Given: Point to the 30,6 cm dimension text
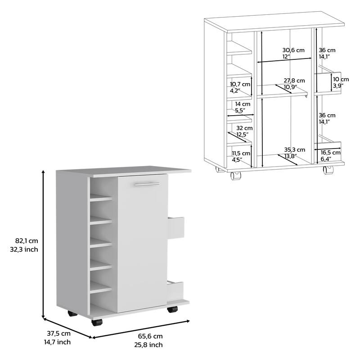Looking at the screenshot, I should pyautogui.click(x=292, y=50).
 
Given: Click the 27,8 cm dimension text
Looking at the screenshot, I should pyautogui.click(x=294, y=81).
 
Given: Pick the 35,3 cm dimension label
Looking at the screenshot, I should pyautogui.click(x=294, y=149).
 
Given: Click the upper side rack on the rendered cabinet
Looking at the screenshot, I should pyautogui.click(x=177, y=227).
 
